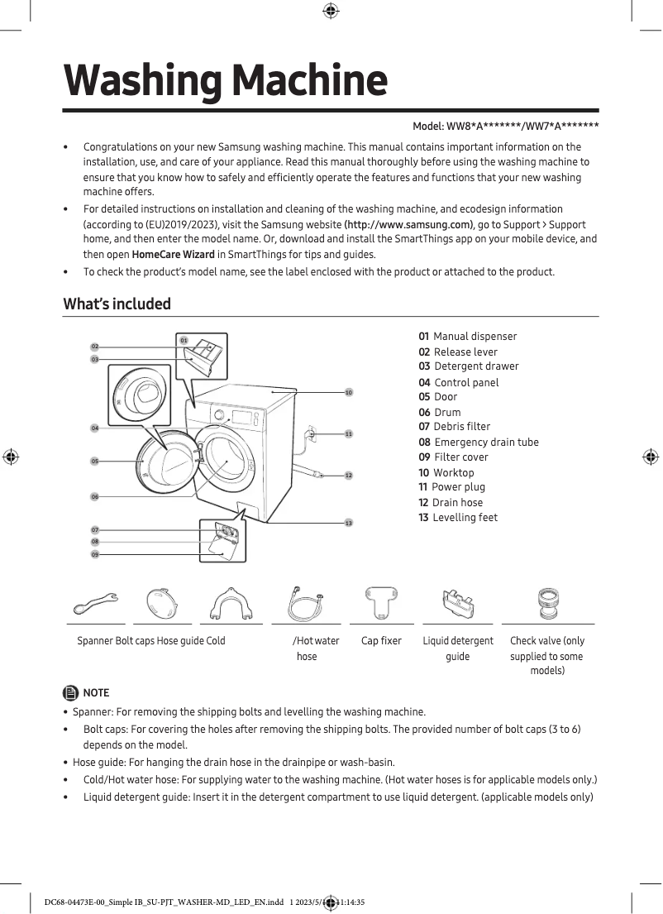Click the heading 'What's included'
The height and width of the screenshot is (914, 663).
[117, 304]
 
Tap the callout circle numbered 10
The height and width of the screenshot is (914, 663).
[349, 392]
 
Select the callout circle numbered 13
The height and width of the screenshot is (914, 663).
[349, 523]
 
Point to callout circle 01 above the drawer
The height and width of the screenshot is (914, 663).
[184, 341]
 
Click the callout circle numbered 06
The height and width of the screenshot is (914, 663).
[95, 496]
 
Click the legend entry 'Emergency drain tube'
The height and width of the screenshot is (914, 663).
[479, 442]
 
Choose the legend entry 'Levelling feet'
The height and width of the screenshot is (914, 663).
[458, 517]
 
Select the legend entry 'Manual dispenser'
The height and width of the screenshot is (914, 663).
[467, 336]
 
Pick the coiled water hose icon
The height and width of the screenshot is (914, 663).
[304, 604]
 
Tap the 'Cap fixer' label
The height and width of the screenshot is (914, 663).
[381, 640]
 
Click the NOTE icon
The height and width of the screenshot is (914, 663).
[69, 692]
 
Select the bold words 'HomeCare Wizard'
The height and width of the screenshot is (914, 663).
[173, 254]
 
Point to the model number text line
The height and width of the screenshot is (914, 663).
[505, 126]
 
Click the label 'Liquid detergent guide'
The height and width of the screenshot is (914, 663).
[457, 648]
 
